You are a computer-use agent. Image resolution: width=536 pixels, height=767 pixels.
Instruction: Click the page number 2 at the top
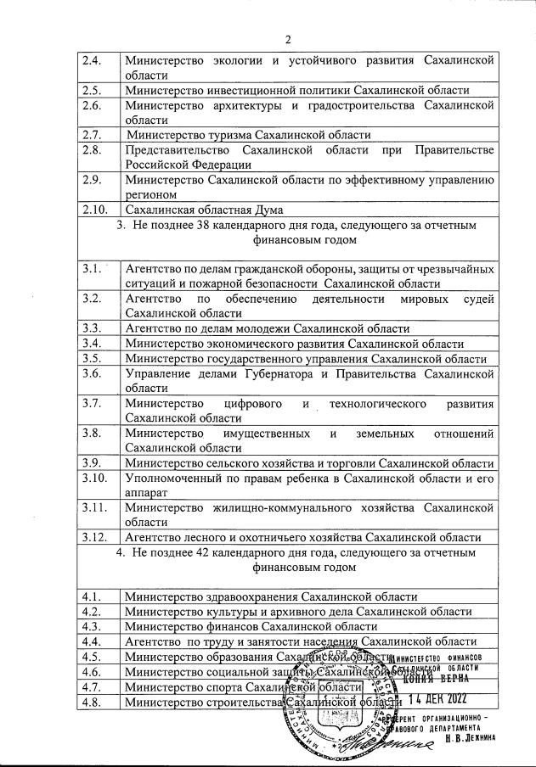click(288, 39)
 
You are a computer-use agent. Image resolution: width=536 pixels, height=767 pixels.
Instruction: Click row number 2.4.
click(90, 60)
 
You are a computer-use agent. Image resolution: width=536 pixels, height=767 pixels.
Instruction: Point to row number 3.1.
click(92, 268)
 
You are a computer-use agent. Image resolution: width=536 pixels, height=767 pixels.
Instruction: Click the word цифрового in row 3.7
click(253, 403)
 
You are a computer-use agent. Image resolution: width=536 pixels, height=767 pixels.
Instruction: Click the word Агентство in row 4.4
click(152, 642)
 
